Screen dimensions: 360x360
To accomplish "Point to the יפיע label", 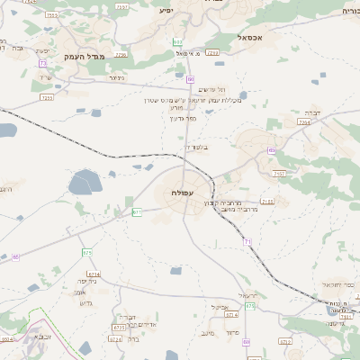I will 165,10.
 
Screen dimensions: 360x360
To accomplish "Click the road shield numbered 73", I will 42,63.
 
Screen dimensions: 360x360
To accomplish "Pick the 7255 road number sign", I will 47,96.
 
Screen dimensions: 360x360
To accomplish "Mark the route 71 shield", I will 246,241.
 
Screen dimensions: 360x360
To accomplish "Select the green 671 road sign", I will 137,212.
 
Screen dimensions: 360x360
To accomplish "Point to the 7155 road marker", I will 266,202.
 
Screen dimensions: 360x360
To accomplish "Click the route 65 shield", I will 15,257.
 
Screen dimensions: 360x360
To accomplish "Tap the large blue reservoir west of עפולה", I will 86,183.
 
